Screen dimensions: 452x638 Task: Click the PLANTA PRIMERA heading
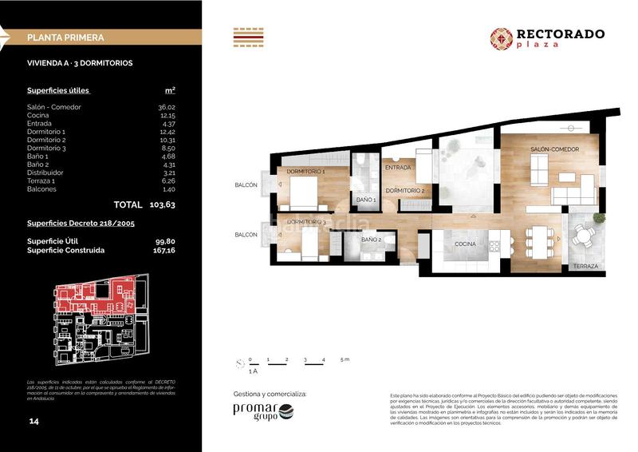[x=65, y=37]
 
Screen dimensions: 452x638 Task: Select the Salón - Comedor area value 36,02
[x=166, y=107]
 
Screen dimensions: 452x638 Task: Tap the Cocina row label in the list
[x=38, y=115]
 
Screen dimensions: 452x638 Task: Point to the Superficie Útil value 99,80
[x=165, y=240]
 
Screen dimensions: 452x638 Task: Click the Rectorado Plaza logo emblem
[x=502, y=38]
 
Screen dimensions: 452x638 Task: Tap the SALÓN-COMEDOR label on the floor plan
[x=554, y=149]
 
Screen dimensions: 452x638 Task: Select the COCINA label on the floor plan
[x=465, y=244]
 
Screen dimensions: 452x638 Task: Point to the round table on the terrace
[x=585, y=235]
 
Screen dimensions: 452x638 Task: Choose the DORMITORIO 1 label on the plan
[x=305, y=172]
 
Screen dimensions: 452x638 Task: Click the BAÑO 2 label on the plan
[x=371, y=240]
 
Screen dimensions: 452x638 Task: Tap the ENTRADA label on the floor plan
[x=397, y=168]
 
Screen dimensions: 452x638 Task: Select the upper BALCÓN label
[x=246, y=185]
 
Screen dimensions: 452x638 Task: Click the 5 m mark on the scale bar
[x=344, y=360]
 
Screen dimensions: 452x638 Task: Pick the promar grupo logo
[x=263, y=412]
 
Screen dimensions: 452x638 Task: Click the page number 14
[x=33, y=421]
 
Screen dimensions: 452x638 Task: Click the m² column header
[x=170, y=90]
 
